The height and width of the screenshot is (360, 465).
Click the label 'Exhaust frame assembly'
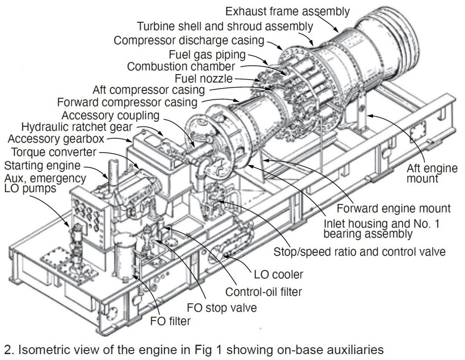(287, 11)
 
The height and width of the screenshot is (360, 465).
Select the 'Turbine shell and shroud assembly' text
(225, 26)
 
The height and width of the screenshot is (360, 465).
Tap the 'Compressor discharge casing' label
(189, 40)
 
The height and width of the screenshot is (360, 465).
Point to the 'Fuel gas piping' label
(207, 55)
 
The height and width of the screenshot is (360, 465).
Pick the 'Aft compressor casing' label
(151, 90)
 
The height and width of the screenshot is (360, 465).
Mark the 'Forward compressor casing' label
(127, 101)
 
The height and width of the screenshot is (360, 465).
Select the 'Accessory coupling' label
(111, 114)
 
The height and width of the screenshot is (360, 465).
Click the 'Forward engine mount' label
(394, 209)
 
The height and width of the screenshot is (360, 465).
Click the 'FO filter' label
(170, 322)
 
